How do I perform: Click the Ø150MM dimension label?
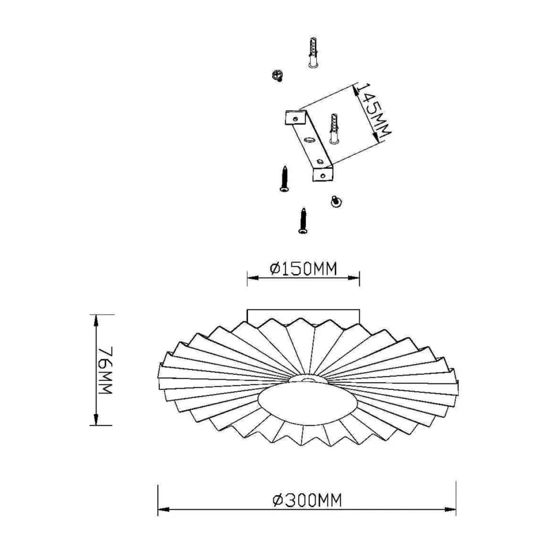click(x=303, y=269)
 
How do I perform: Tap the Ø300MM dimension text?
click(x=307, y=500)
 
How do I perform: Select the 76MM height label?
click(x=105, y=370)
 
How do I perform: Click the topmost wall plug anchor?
click(x=313, y=52)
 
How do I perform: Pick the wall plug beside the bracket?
click(x=334, y=129)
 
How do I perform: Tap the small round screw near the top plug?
click(x=278, y=75)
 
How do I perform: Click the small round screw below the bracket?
click(x=336, y=201)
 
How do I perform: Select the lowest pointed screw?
click(x=303, y=220)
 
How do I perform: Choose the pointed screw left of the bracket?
click(x=284, y=179)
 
